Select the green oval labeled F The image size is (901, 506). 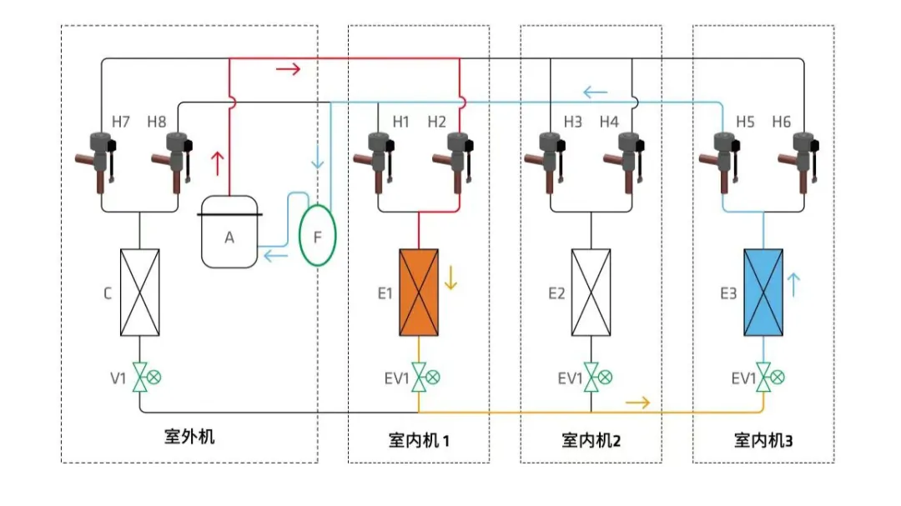click(x=317, y=236)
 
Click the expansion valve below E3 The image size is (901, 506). click(x=763, y=378)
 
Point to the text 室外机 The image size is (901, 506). click(x=189, y=436)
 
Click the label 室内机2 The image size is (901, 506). click(x=591, y=439)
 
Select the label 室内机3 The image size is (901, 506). click(x=763, y=439)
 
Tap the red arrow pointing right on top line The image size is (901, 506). click(x=287, y=69)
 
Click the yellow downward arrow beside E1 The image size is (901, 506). click(x=451, y=278)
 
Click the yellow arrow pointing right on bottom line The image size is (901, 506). click(x=637, y=403)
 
